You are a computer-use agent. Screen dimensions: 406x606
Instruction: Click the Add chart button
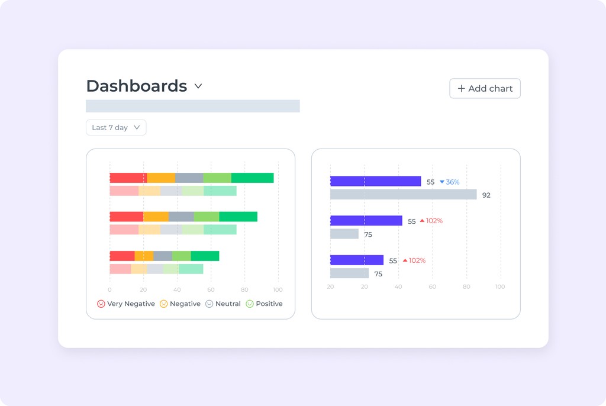click(485, 89)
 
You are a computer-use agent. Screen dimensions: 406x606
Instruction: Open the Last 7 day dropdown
click(116, 127)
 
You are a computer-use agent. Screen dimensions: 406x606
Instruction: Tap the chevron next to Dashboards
click(198, 86)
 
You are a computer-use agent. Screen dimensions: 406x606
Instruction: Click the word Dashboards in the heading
click(137, 86)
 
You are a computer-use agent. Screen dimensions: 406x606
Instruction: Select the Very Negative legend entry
click(126, 304)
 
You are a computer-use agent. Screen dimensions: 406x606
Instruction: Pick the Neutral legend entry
click(223, 304)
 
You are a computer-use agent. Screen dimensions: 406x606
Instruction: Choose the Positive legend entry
click(264, 304)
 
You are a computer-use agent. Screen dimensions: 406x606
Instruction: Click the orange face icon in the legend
click(164, 304)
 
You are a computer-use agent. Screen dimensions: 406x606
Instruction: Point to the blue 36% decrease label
click(450, 182)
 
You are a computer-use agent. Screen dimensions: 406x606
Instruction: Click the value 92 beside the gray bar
click(486, 195)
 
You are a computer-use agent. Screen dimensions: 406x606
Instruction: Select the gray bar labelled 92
click(403, 195)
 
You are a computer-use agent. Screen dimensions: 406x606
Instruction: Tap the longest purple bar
click(375, 182)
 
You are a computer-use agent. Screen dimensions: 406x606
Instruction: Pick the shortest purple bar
click(356, 260)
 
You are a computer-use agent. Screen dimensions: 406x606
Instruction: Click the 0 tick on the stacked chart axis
click(109, 290)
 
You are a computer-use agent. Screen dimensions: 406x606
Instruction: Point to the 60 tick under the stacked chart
click(211, 290)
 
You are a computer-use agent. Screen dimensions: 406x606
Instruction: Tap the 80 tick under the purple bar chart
click(466, 287)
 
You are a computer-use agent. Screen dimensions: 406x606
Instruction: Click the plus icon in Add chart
click(461, 89)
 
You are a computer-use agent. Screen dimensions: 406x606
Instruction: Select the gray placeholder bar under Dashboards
click(192, 106)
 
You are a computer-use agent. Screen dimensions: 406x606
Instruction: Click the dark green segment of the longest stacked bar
click(252, 178)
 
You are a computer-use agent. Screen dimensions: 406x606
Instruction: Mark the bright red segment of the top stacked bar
click(128, 178)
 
